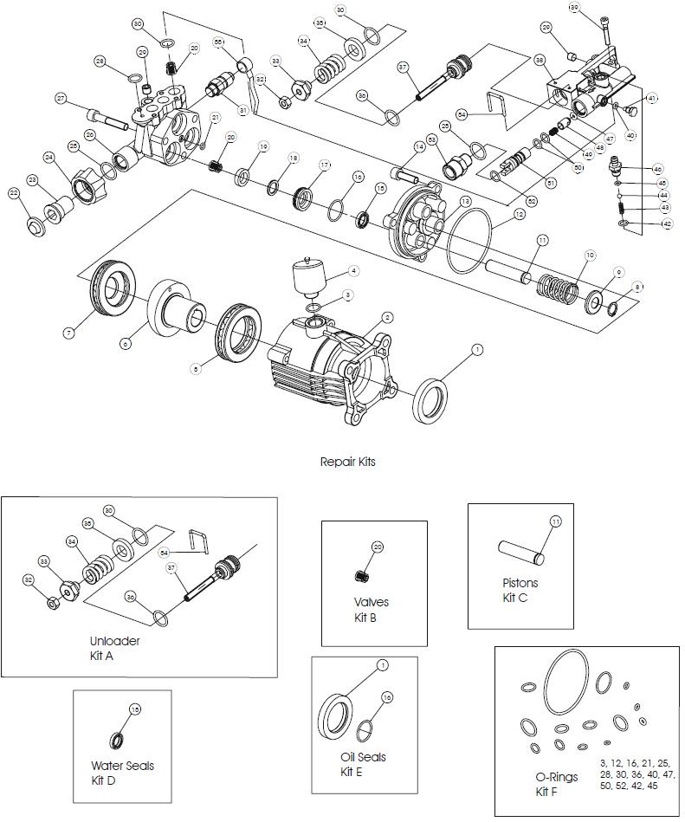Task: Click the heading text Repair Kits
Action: point(348,462)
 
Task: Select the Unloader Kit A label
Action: point(114,647)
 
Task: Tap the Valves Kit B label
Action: point(371,609)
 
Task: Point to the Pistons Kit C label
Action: point(520,590)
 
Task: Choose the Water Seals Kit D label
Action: point(122,772)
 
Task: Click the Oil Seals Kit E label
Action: point(363,763)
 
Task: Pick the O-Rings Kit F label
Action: point(556,784)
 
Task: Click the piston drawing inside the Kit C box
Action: point(522,550)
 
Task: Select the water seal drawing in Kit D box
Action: point(115,741)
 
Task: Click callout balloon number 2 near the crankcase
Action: point(388,318)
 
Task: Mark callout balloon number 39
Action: point(598,8)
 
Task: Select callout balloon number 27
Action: point(61,99)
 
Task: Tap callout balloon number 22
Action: point(14,192)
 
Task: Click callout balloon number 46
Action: point(657,169)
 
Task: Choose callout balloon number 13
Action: point(465,201)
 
